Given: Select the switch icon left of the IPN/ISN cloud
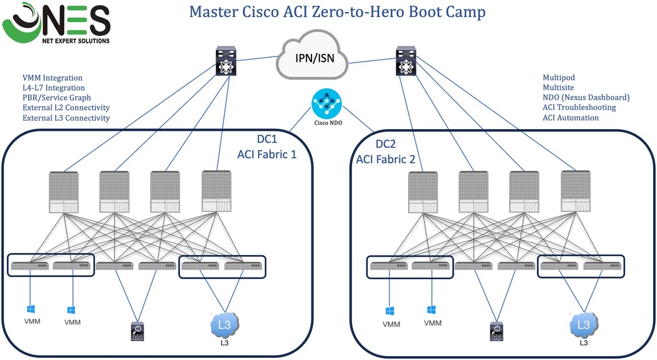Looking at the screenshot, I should click(x=226, y=62).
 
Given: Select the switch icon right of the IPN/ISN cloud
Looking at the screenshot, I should click(x=406, y=62).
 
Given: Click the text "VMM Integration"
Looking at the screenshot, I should click(x=52, y=78).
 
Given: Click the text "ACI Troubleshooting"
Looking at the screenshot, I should click(x=579, y=108).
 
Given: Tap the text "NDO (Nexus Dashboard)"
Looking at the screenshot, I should click(x=586, y=98).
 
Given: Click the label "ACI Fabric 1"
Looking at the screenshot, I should click(x=267, y=154).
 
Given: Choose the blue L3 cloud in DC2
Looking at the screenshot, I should click(x=583, y=325).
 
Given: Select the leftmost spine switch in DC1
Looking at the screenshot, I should click(x=64, y=192).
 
